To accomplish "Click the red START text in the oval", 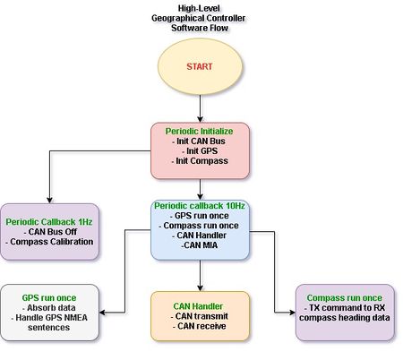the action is (200, 66).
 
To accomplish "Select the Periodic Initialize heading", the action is (199, 131).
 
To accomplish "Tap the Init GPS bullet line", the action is (200, 151).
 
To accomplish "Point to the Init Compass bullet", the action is (200, 161).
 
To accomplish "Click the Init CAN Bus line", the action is (199, 141).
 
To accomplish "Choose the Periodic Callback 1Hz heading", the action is (49, 222).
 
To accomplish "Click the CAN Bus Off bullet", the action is (50, 232).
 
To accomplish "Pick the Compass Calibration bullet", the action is (49, 242).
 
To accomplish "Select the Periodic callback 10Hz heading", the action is (200, 206).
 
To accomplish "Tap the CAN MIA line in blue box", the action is (199, 245).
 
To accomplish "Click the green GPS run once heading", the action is (49, 297).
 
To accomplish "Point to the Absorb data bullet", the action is (49, 307).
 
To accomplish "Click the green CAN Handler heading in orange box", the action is (198, 306).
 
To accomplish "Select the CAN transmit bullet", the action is (200, 316).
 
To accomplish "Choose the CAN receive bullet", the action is (200, 326).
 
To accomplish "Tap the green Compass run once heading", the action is (345, 297).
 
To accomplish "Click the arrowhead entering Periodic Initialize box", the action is (200, 119).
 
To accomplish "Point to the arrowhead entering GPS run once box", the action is (102, 313).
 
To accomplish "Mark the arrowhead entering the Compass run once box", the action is (292, 313).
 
